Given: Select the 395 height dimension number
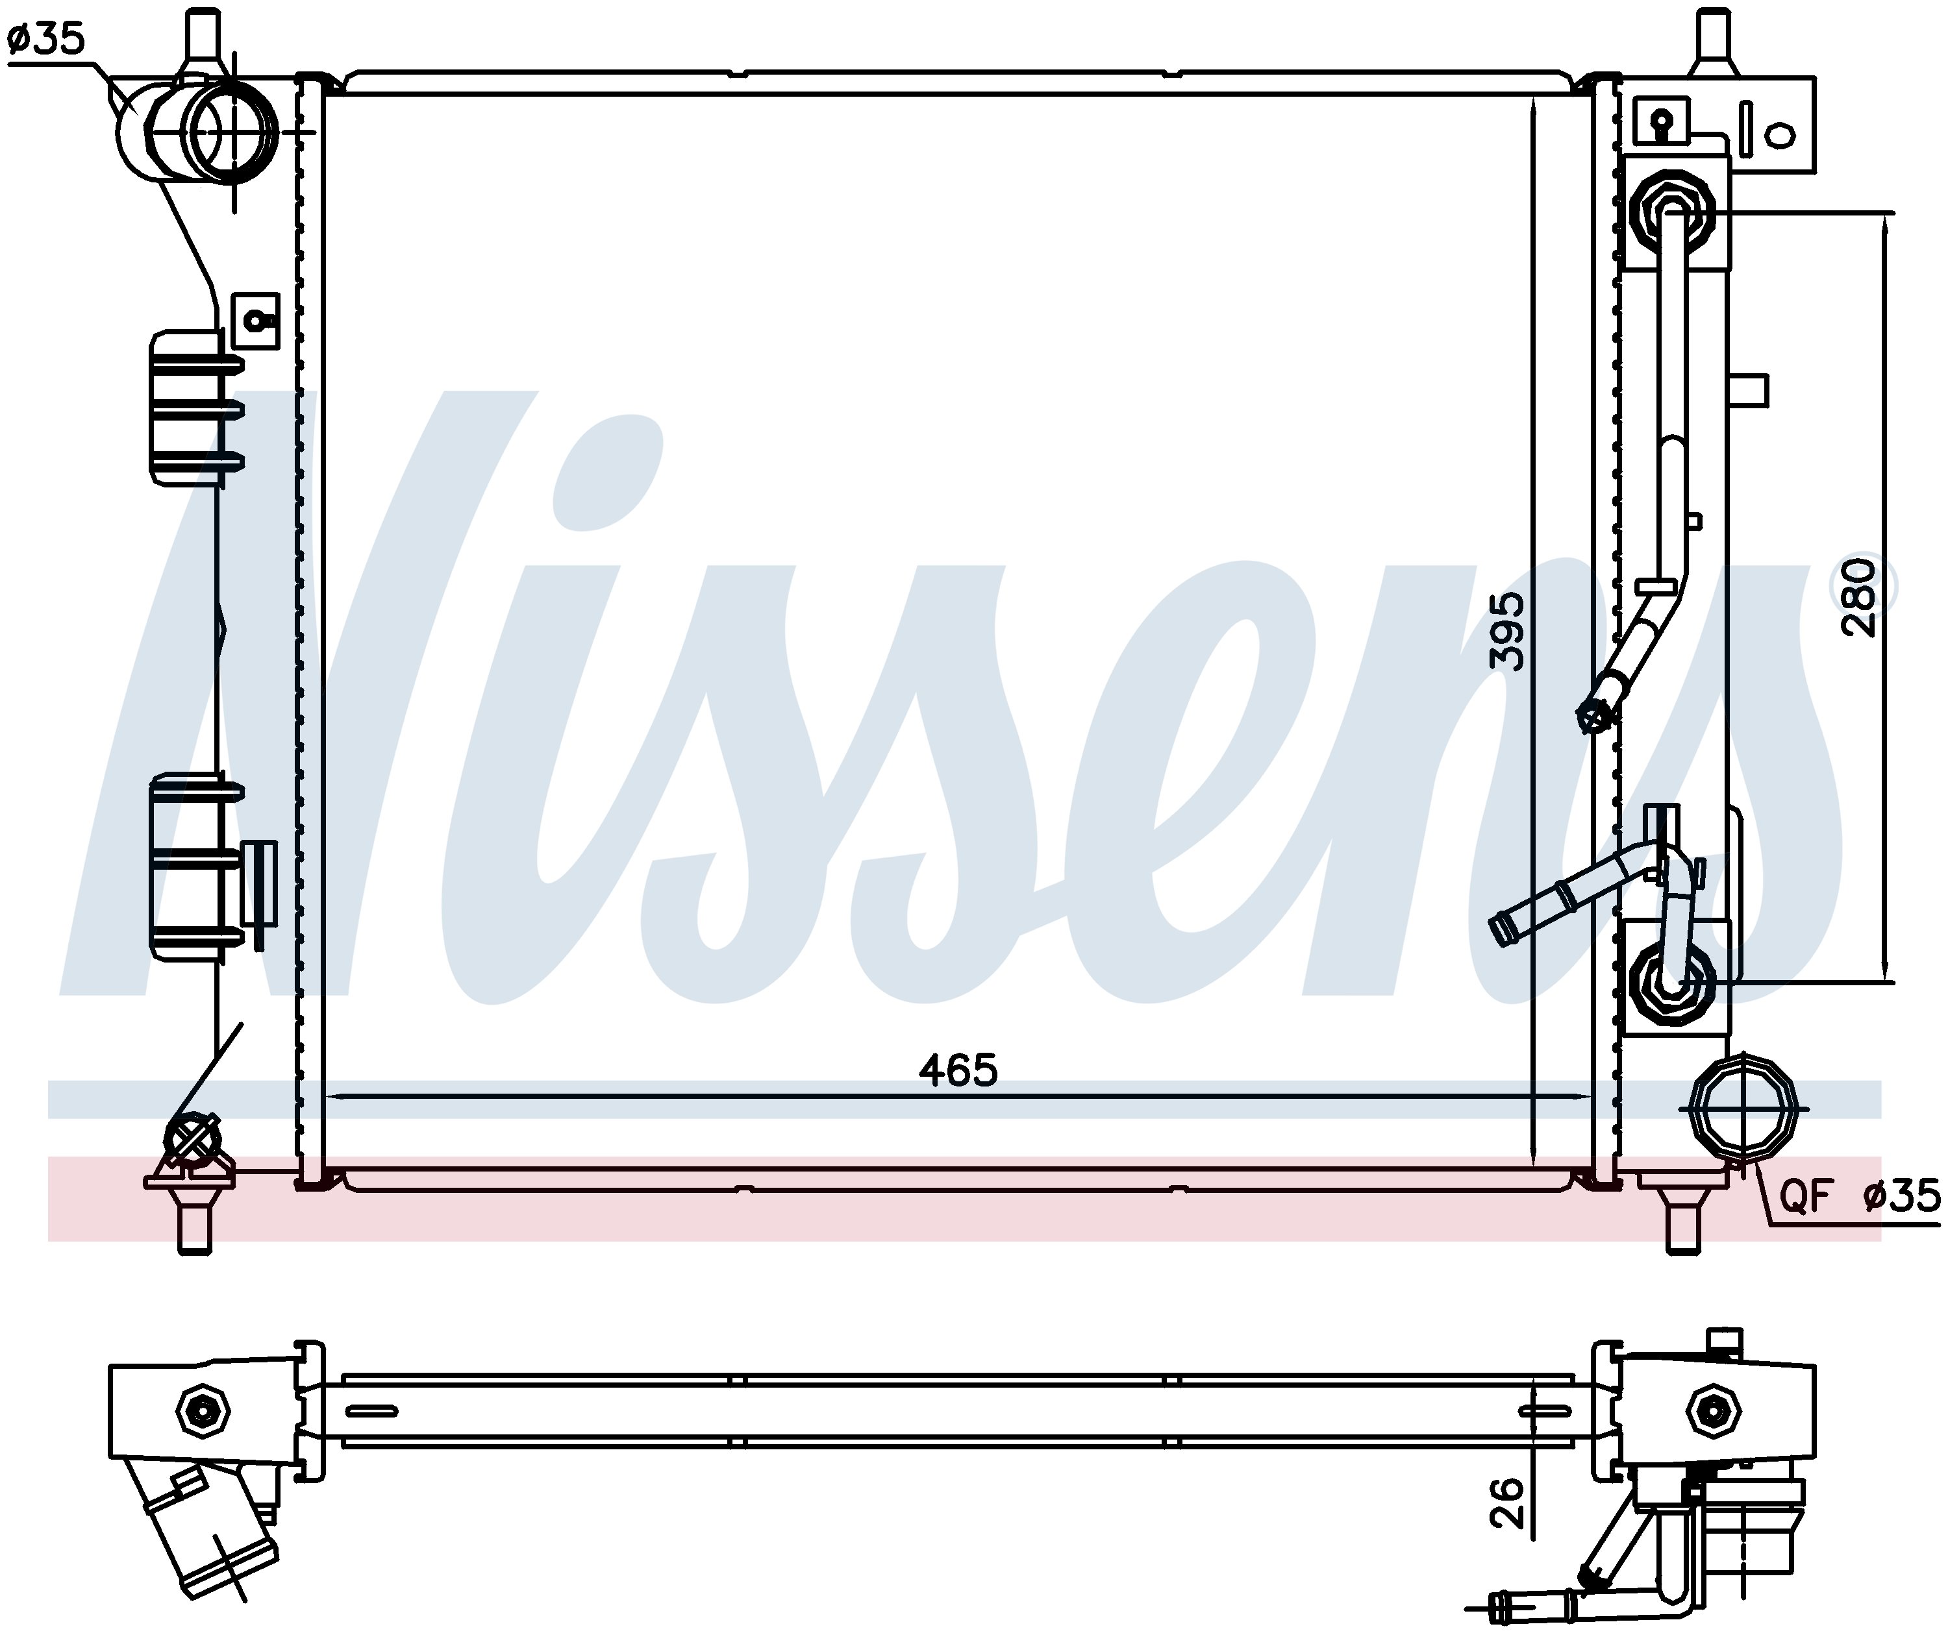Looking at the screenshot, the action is (1506, 632).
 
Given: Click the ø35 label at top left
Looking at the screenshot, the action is (45, 39).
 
